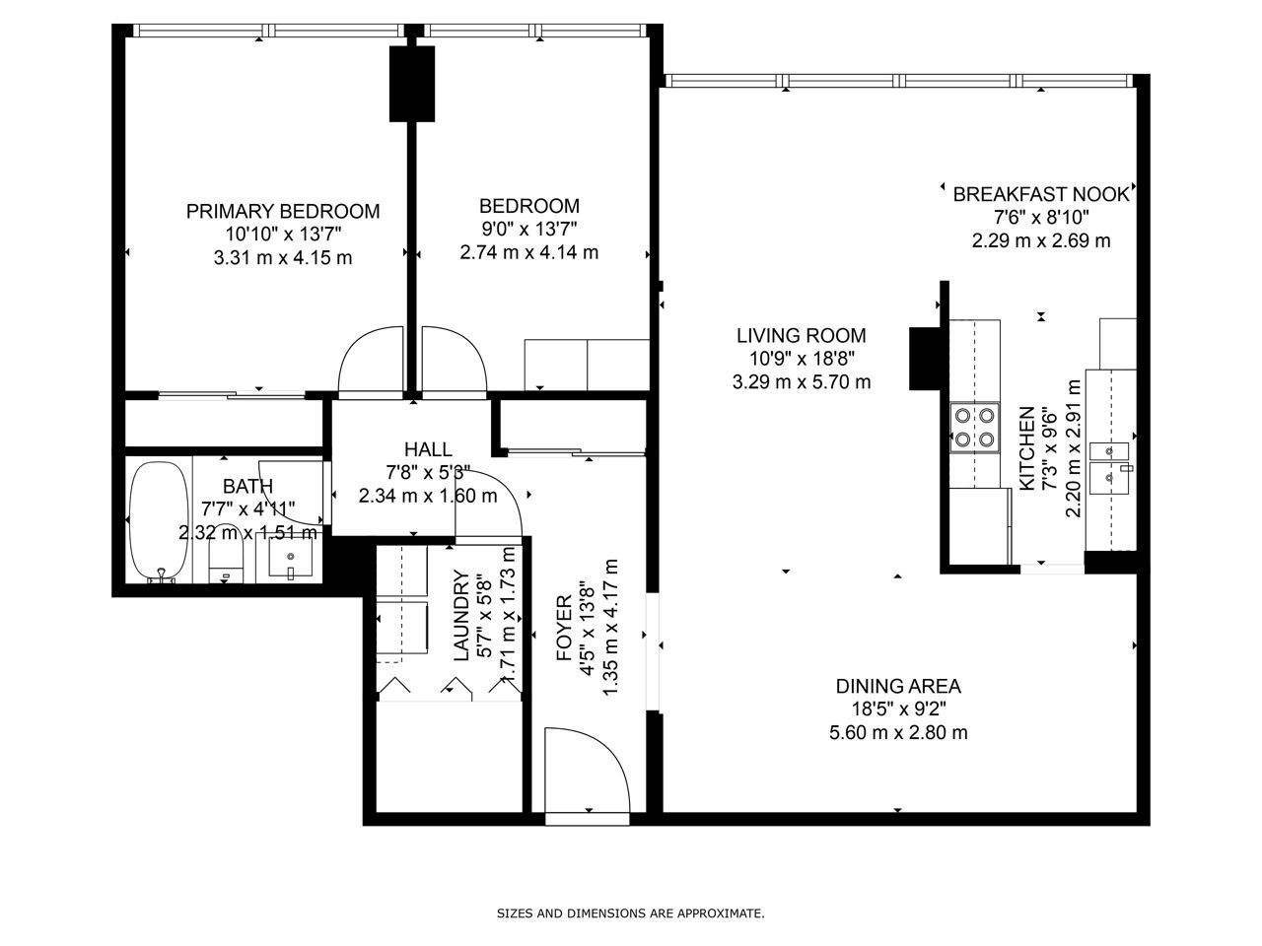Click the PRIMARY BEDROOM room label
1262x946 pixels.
[283, 211]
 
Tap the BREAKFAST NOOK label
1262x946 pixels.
[1041, 194]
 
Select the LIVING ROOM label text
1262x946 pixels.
[802, 335]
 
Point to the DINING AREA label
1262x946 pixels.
[898, 687]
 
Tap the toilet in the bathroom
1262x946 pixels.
[226, 561]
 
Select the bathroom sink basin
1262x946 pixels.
[290, 558]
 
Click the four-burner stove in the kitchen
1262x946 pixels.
[974, 428]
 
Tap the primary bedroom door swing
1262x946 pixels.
[371, 363]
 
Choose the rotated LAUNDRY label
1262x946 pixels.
[461, 615]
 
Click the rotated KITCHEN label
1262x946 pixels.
[1026, 448]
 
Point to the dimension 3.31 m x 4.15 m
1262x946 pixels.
[283, 258]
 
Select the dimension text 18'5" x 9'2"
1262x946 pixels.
[898, 709]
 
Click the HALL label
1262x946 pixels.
[428, 449]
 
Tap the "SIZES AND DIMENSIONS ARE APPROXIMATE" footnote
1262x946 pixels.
[631, 913]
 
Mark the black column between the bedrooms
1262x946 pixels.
[412, 84]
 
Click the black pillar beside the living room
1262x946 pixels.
[925, 359]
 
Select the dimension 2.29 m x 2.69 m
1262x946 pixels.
[1041, 240]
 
